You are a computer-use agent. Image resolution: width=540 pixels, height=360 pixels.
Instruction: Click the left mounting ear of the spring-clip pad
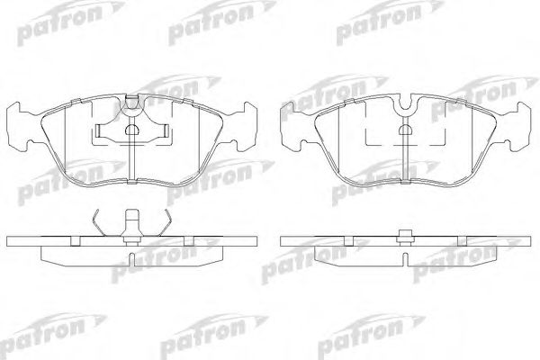pyautogui.click(x=21, y=125)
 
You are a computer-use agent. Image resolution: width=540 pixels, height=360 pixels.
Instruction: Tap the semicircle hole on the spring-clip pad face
pyautogui.click(x=131, y=131)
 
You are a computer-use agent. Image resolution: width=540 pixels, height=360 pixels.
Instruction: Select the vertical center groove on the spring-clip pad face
pyautogui.click(x=131, y=162)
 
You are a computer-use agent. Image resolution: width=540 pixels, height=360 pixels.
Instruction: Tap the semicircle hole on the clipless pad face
pyautogui.click(x=405, y=131)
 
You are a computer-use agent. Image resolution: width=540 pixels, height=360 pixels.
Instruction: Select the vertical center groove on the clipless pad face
pyautogui.click(x=405, y=162)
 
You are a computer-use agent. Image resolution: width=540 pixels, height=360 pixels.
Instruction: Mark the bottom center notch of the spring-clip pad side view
pyautogui.click(x=131, y=258)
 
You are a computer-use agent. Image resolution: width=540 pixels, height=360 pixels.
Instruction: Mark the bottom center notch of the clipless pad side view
pyautogui.click(x=404, y=258)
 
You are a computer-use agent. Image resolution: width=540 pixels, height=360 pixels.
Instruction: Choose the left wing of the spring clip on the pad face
pyautogui.click(x=103, y=134)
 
